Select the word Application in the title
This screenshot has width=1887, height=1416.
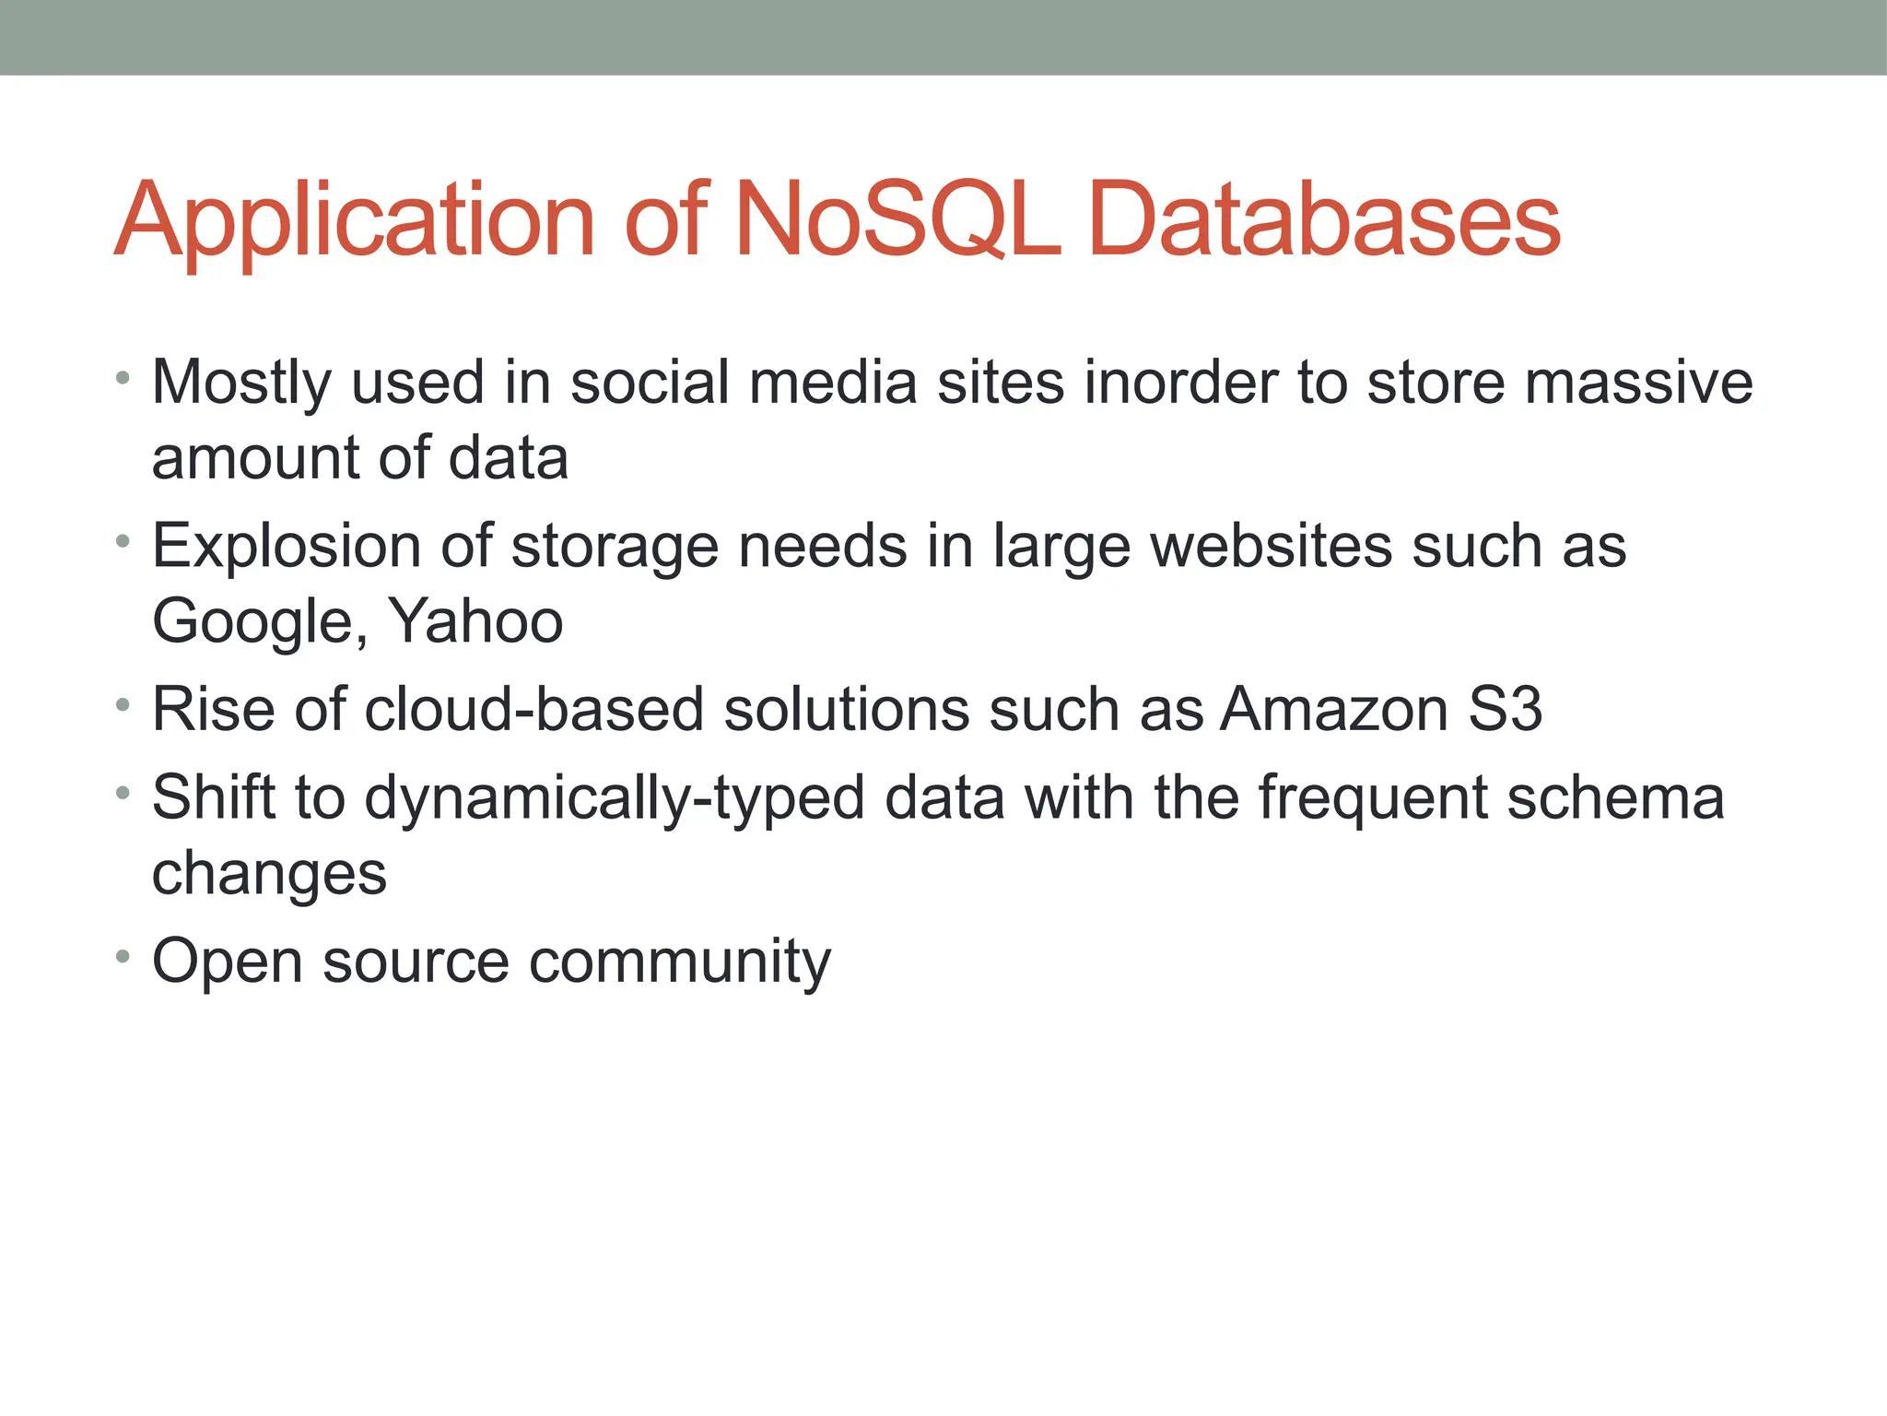click(x=355, y=221)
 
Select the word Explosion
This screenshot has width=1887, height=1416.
click(x=287, y=547)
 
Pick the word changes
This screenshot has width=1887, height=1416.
click(x=269, y=874)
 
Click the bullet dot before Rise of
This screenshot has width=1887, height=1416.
click(x=123, y=705)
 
